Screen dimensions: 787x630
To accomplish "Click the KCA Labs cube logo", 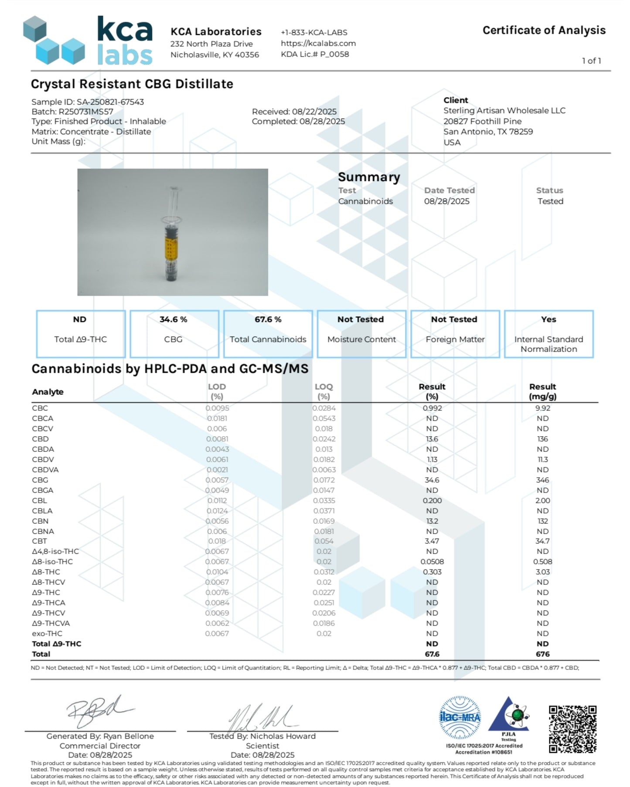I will pyautogui.click(x=54, y=40).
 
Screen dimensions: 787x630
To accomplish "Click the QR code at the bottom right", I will pyautogui.click(x=572, y=729).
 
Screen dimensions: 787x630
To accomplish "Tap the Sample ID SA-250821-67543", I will pyautogui.click(x=110, y=102).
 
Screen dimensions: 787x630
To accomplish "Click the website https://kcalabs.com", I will pyautogui.click(x=318, y=43).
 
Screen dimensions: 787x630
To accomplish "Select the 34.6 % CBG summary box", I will pyautogui.click(x=174, y=334).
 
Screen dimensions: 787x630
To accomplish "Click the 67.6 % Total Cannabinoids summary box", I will pyautogui.click(x=268, y=334).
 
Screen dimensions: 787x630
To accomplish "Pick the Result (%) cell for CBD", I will pyautogui.click(x=432, y=439).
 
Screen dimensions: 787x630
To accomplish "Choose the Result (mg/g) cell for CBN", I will pyautogui.click(x=542, y=521).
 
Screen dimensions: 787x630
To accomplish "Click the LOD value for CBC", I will pyautogui.click(x=217, y=408).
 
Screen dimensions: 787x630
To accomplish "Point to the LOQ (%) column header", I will pyautogui.click(x=324, y=391).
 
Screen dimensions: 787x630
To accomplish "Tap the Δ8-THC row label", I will pyautogui.click(x=46, y=572).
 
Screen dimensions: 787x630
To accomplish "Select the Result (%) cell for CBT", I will pyautogui.click(x=432, y=541).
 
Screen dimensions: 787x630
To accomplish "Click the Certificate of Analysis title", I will pyautogui.click(x=544, y=30).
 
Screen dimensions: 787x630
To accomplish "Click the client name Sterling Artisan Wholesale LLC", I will pyautogui.click(x=504, y=111).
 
